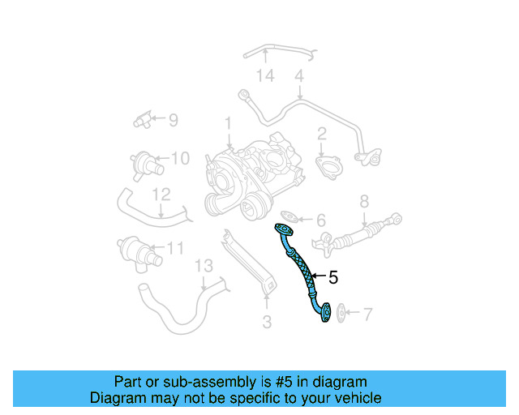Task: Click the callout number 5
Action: point(333,278)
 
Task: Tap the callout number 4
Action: point(298,77)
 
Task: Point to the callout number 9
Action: point(172,120)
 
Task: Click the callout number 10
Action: point(180,157)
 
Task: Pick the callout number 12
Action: point(161,195)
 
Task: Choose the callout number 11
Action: point(175,249)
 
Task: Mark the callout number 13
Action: point(203,266)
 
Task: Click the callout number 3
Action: point(267,323)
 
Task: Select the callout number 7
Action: point(367,313)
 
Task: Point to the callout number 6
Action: point(320,220)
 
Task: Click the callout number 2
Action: point(322,134)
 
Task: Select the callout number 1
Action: point(229,123)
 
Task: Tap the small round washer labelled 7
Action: point(341,312)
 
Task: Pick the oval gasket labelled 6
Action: point(289,217)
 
